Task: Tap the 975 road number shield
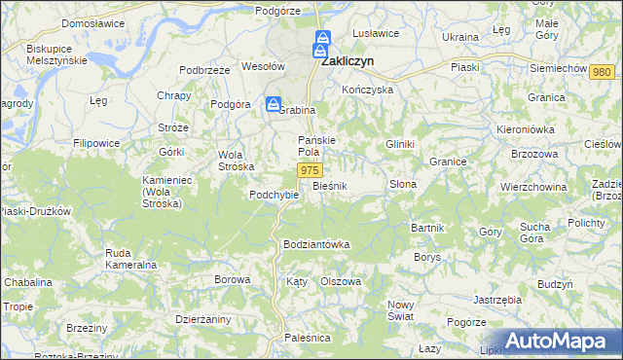point(309,170)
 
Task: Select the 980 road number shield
point(601,73)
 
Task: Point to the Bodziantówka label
point(315,243)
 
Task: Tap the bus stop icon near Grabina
point(275,104)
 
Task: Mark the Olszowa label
point(341,281)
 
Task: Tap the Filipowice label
point(108,143)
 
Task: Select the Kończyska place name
point(367,89)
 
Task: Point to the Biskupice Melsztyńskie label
point(57,54)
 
